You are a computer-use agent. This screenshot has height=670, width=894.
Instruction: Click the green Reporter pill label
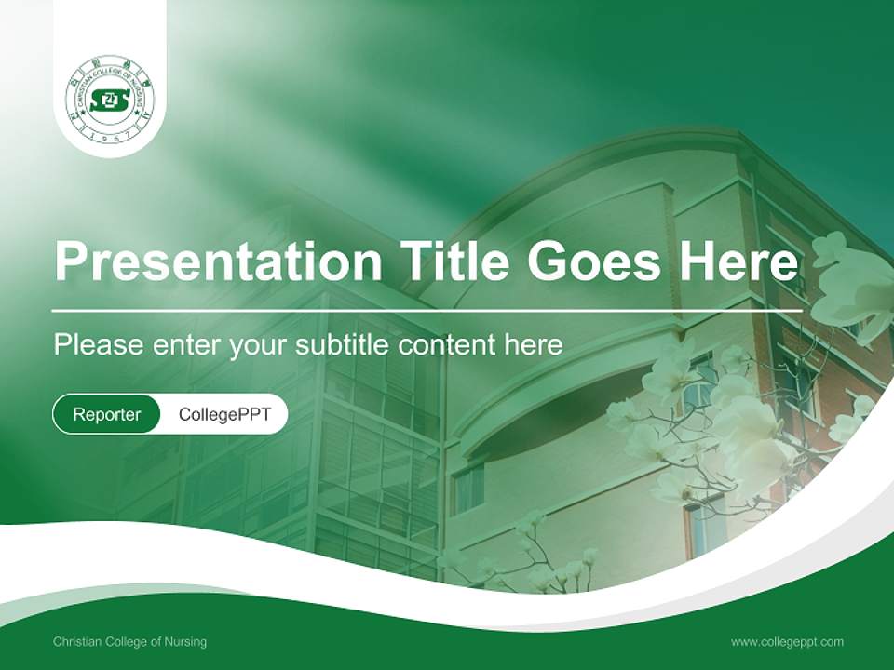(106, 414)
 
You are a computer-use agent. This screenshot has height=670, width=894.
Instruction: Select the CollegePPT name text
(224, 414)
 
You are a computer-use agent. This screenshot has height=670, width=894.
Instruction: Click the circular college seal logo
(110, 100)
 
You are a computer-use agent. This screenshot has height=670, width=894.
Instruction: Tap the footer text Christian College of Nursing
(130, 642)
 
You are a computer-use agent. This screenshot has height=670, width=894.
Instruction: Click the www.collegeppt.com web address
(787, 642)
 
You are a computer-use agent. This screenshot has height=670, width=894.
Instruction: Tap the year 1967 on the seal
(110, 136)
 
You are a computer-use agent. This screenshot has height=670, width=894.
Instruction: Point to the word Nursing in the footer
(186, 642)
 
